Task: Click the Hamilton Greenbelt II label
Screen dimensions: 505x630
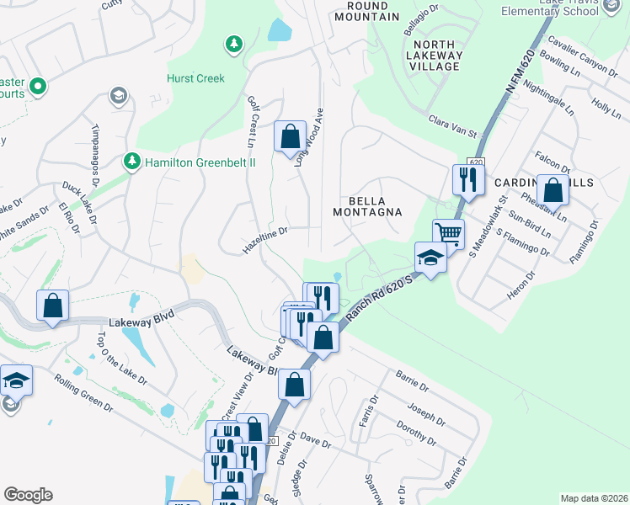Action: (200, 161)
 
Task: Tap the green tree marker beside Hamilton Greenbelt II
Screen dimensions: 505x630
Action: (131, 160)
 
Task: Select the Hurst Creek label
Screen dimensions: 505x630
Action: (195, 78)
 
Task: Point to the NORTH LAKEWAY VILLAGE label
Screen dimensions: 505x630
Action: (435, 56)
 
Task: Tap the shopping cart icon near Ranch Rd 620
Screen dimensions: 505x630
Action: (448, 233)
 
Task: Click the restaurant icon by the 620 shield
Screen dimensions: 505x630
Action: (466, 178)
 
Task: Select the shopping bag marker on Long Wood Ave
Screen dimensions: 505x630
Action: (290, 135)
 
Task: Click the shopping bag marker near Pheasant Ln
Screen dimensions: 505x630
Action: (553, 190)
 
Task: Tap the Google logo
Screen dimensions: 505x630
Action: (28, 495)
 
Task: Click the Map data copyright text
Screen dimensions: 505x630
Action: (594, 498)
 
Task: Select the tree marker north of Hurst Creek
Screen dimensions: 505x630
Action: (233, 43)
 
